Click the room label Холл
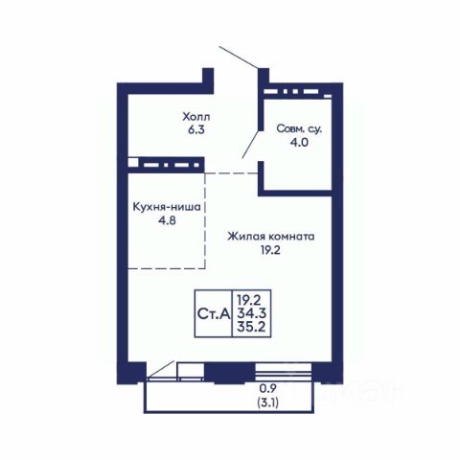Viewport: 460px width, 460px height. [196, 117]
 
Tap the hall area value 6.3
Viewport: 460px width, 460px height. [196, 130]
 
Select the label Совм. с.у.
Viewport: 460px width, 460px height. [299, 128]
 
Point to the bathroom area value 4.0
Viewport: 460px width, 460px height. [299, 142]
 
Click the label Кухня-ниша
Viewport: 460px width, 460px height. [167, 207]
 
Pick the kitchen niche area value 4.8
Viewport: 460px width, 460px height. [167, 220]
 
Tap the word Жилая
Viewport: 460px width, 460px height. [246, 237]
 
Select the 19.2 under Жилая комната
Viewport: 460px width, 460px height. [270, 250]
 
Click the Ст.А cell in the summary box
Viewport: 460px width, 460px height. [214, 313]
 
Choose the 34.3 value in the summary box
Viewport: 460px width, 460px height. [252, 313]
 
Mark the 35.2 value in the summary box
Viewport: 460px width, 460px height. [252, 327]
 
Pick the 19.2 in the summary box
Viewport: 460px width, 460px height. [249, 300]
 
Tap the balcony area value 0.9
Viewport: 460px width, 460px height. [267, 388]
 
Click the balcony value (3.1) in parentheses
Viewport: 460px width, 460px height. [267, 402]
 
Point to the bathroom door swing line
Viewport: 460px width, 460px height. [252, 144]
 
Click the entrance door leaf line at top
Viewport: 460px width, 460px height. [239, 57]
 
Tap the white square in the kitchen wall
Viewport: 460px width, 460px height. [133, 162]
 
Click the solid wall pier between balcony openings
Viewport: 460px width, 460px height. [230, 372]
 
